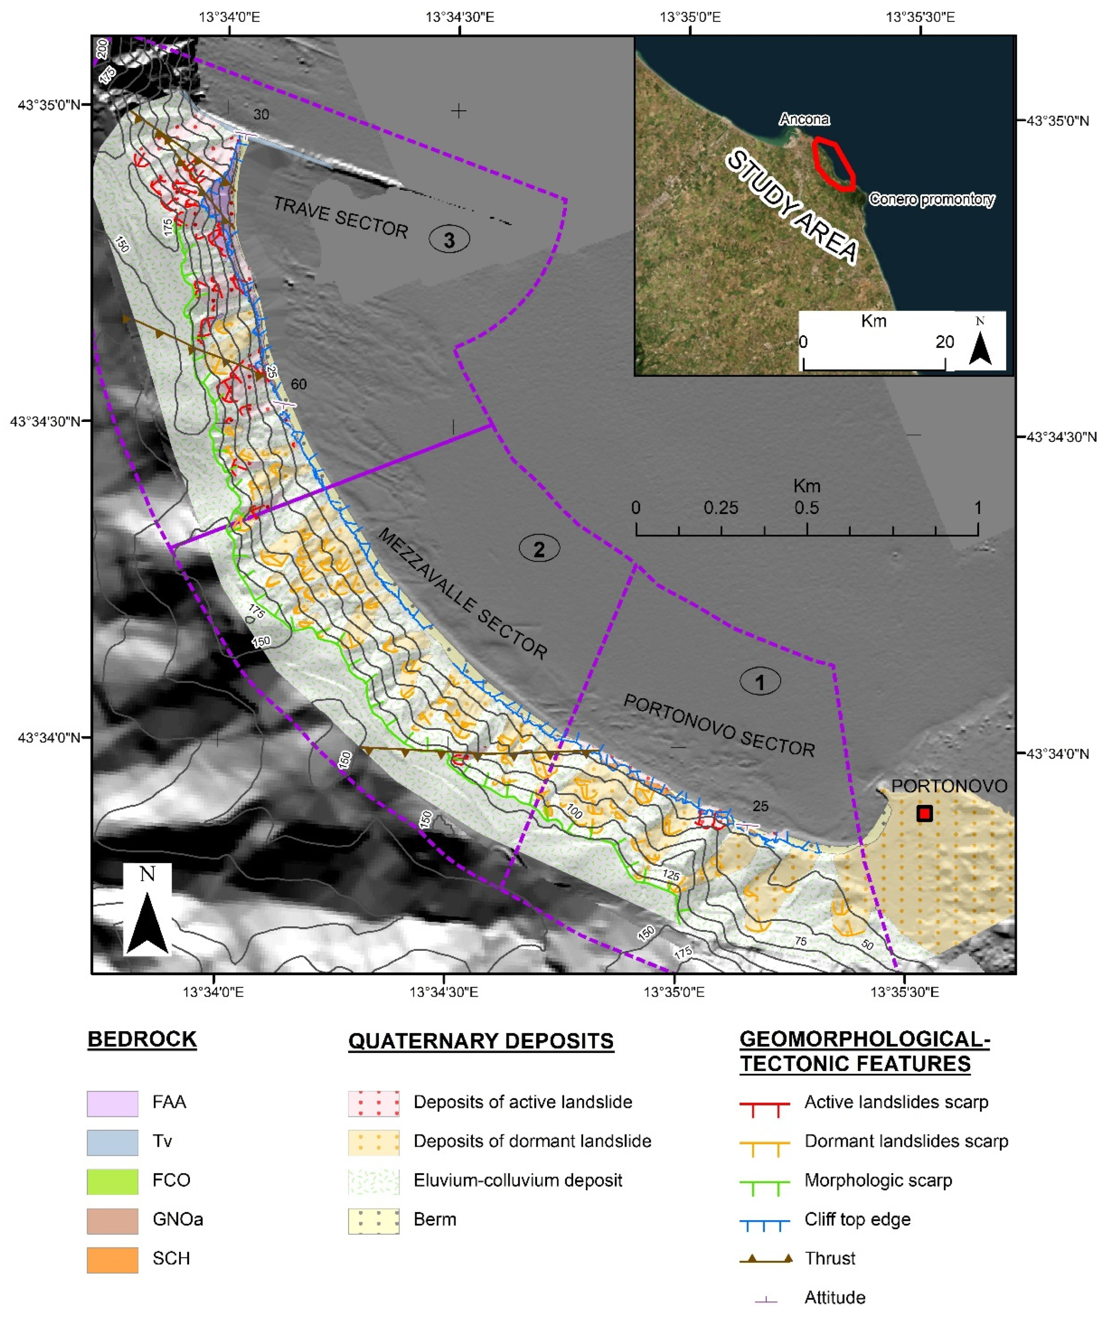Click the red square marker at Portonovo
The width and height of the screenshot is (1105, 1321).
(x=924, y=813)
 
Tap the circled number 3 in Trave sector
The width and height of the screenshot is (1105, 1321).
(x=449, y=240)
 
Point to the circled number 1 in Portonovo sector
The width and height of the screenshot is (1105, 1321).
(x=760, y=681)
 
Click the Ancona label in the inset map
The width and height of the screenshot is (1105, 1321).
(x=804, y=119)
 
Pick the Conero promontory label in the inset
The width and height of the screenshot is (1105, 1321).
(x=931, y=199)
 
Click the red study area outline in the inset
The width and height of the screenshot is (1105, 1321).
(x=833, y=163)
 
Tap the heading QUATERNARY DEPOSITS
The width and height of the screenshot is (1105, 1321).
(x=481, y=1041)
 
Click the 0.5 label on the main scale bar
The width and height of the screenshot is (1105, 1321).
(x=807, y=508)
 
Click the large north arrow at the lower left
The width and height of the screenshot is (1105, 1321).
(x=147, y=912)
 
